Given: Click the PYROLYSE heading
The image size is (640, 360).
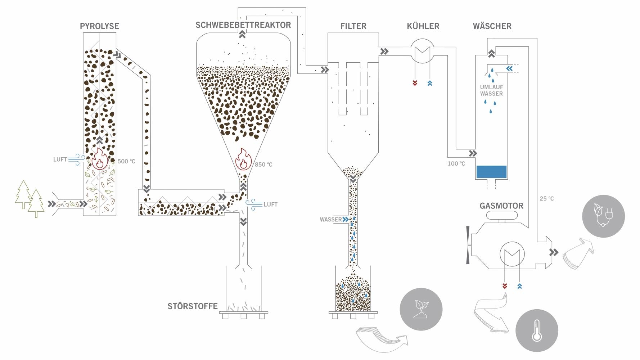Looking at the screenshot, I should click(99, 26).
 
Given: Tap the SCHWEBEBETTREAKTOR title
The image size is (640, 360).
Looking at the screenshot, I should click(243, 25).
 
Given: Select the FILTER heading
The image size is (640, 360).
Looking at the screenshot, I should click(353, 26).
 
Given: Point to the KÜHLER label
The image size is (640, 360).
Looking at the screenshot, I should click(423, 26).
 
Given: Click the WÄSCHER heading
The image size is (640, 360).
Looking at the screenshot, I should click(492, 26).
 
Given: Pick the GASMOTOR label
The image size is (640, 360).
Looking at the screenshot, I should click(501, 206).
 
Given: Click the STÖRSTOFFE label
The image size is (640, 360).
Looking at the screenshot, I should click(193, 306).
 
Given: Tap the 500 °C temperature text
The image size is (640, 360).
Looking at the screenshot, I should click(126, 161).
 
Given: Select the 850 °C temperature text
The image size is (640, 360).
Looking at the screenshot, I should click(263, 165).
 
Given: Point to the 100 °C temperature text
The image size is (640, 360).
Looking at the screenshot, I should click(456, 163).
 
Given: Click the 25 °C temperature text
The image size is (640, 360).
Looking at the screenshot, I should click(546, 198).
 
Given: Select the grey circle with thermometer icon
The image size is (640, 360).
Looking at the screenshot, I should click(537, 331).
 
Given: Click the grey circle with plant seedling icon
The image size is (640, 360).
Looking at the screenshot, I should click(421, 309).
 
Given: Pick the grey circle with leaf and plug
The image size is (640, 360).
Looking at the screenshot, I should click(603, 216).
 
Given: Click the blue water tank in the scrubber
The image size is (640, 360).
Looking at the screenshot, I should click(491, 172).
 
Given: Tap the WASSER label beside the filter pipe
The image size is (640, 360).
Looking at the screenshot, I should click(330, 219).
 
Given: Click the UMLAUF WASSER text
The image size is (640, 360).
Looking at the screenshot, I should click(491, 90).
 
